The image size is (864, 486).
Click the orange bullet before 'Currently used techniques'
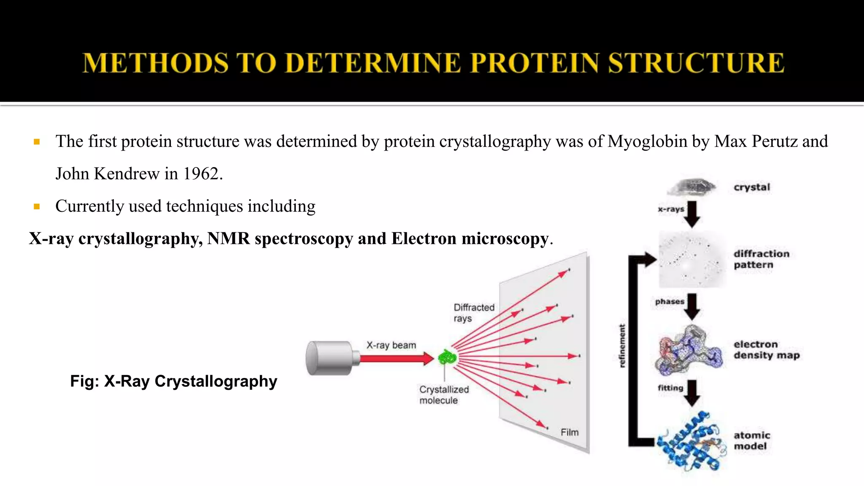pyautogui.click(x=37, y=207)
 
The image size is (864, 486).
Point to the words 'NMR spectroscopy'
pyautogui.click(x=280, y=239)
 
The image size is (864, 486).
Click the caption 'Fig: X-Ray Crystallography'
pyautogui.click(x=173, y=381)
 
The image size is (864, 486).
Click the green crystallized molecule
pyautogui.click(x=447, y=358)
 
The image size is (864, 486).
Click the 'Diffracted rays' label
pyautogui.click(x=473, y=313)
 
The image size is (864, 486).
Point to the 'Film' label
pyautogui.click(x=569, y=432)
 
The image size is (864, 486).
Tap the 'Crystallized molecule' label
pyautogui.click(x=443, y=395)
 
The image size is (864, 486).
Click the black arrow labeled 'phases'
pyautogui.click(x=692, y=307)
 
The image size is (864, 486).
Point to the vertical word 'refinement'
pyautogui.click(x=622, y=346)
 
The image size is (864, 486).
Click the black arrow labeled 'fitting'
pyautogui.click(x=692, y=393)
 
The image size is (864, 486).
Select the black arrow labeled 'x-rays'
pyautogui.click(x=692, y=214)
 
